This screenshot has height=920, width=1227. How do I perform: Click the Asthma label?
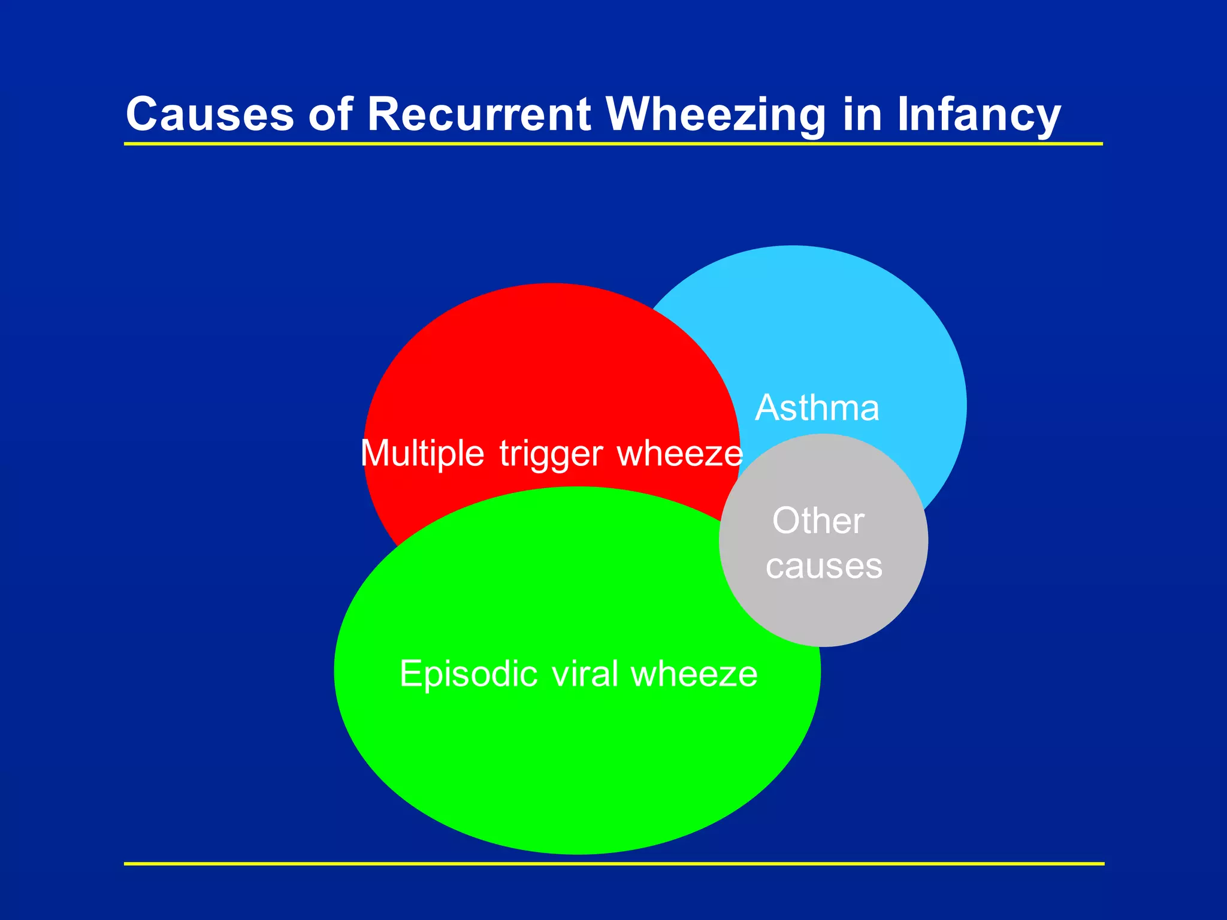tap(817, 408)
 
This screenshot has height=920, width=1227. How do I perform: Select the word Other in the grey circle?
tap(818, 520)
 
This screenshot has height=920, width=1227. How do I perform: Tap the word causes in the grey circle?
tap(824, 566)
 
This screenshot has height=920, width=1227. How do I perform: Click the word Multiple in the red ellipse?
tap(422, 453)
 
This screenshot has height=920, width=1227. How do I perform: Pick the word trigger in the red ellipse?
tap(551, 454)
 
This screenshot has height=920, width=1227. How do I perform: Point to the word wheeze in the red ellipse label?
tap(679, 453)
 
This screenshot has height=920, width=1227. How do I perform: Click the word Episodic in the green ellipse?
tap(469, 674)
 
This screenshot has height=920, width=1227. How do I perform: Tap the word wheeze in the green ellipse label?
tap(694, 674)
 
